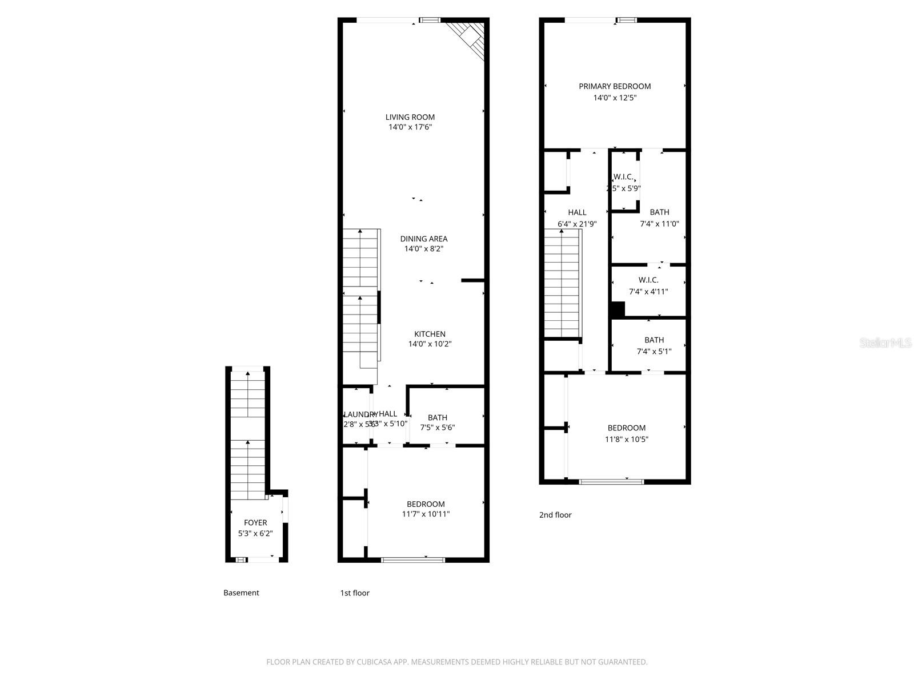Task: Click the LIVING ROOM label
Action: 410,117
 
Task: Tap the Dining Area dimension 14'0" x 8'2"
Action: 423,249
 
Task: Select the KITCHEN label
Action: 430,334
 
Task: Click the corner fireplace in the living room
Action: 470,37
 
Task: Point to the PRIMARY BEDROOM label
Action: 615,86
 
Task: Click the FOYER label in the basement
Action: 255,522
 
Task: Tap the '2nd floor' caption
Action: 555,515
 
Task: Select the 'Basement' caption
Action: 241,593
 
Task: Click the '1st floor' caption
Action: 355,593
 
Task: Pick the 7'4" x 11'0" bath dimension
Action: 659,224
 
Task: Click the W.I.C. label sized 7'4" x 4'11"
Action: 648,280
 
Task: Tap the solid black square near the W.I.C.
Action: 618,309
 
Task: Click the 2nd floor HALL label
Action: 577,212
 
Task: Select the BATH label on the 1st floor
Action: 438,417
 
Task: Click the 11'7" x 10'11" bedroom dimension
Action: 426,514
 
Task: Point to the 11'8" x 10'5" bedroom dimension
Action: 627,439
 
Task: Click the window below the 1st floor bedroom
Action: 412,560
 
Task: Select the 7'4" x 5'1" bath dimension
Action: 654,352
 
